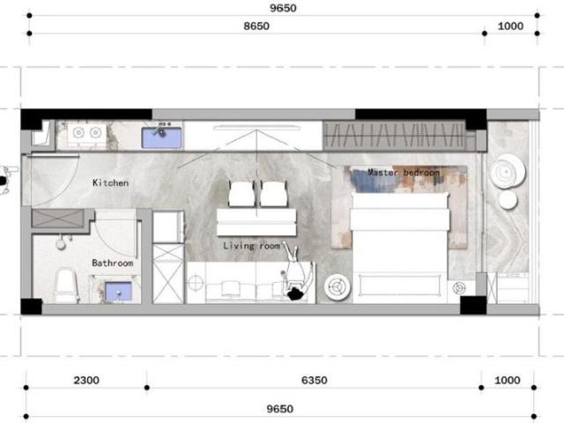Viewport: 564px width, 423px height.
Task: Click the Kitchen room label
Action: click(111, 183)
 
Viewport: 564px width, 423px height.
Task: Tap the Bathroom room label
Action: click(112, 263)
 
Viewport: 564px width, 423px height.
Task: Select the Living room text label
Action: click(251, 246)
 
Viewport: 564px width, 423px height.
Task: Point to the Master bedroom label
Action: click(403, 173)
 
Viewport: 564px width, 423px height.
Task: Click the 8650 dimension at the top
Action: click(256, 26)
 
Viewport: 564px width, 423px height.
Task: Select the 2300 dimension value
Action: click(85, 381)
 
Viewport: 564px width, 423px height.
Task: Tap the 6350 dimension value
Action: click(314, 381)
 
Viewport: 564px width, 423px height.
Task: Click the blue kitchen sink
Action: click(162, 136)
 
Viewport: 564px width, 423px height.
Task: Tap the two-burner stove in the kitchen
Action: click(85, 134)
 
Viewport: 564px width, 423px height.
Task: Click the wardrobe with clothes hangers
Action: click(393, 136)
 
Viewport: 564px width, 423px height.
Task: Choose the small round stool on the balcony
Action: click(508, 200)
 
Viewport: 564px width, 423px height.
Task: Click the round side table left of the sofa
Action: click(196, 285)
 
